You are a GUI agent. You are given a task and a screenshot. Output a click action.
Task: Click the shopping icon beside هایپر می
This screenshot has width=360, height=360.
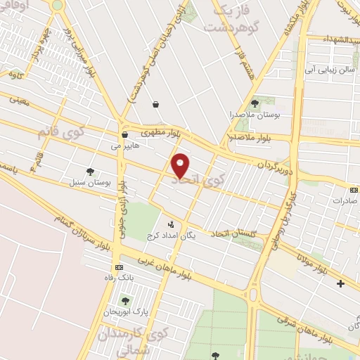[124, 135]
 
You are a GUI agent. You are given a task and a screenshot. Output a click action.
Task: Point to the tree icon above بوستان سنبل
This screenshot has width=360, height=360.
[89, 171]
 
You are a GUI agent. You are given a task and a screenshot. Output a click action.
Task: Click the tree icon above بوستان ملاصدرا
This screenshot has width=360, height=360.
[255, 103]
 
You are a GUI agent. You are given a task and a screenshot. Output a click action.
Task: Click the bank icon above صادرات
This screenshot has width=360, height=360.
[353, 188]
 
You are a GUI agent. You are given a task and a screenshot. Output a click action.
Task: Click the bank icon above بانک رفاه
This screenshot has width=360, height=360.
[118, 268]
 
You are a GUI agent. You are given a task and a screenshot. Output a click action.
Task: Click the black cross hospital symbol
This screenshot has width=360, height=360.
[341, 283]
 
